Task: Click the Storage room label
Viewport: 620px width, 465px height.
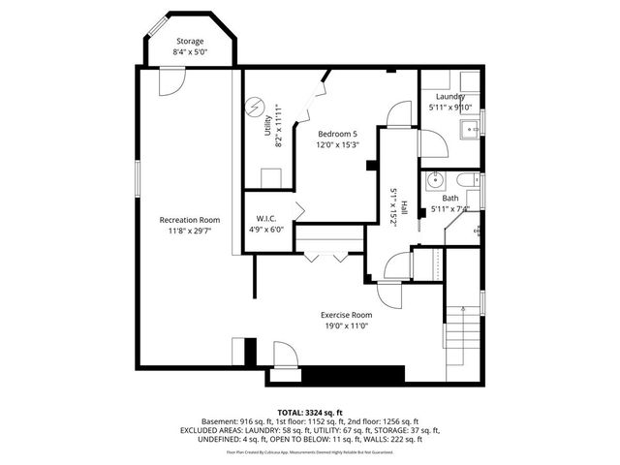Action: pyautogui.click(x=189, y=42)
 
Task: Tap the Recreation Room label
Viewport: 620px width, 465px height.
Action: pyautogui.click(x=189, y=220)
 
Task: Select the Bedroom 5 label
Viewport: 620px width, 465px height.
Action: pyautogui.click(x=336, y=134)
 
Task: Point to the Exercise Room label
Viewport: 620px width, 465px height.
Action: pyautogui.click(x=347, y=316)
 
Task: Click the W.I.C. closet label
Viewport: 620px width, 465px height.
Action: pyautogui.click(x=267, y=218)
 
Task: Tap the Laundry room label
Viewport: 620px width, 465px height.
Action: pyautogui.click(x=449, y=97)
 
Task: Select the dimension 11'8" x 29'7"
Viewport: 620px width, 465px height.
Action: pyautogui.click(x=189, y=231)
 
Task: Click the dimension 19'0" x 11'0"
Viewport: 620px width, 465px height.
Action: pyautogui.click(x=347, y=326)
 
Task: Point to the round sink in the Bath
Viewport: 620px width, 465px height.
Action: pyautogui.click(x=435, y=179)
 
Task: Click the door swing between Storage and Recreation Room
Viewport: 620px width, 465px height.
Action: pyautogui.click(x=169, y=83)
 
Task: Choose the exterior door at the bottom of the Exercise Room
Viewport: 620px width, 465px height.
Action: pyautogui.click(x=285, y=356)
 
